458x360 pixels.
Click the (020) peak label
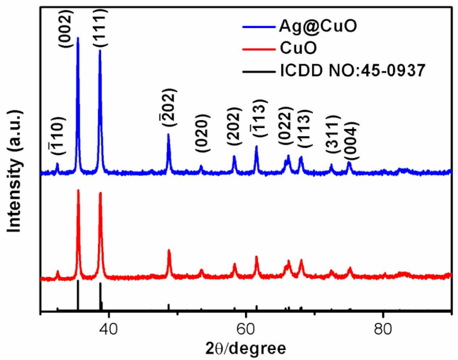202,142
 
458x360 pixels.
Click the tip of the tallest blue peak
78,38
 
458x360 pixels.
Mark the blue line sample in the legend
257,27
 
